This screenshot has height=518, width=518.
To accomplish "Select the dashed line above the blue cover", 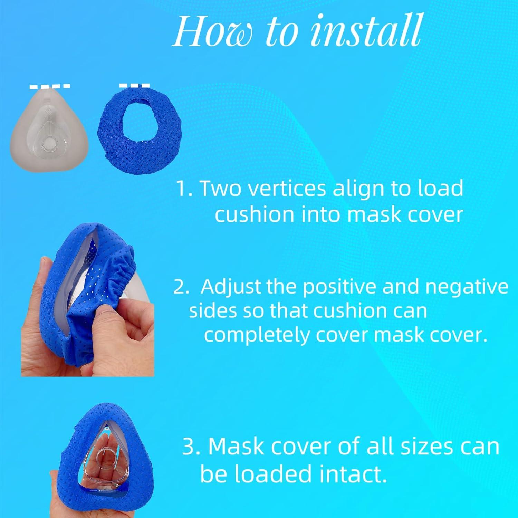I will (134, 85).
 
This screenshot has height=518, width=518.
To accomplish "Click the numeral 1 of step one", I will (182, 189).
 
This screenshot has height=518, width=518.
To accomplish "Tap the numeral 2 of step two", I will (180, 287).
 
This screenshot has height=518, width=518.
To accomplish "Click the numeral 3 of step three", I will (189, 446).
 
